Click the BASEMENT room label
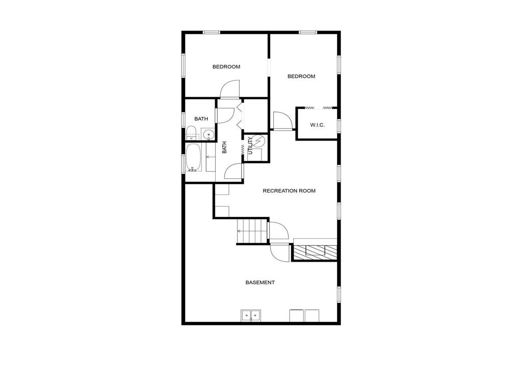tap(260, 283)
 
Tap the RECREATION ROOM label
tap(289, 191)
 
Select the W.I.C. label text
tap(317, 125)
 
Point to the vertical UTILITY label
tap(250, 146)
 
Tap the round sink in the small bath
tap(207, 135)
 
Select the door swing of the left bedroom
tap(229, 90)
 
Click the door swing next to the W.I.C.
tap(282, 121)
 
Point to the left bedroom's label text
tap(226, 67)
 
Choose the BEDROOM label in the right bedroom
tap(301, 76)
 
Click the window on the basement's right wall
tap(338, 294)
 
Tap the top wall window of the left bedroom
tap(211, 33)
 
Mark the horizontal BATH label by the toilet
tap(201, 119)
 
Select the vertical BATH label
tap(224, 148)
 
